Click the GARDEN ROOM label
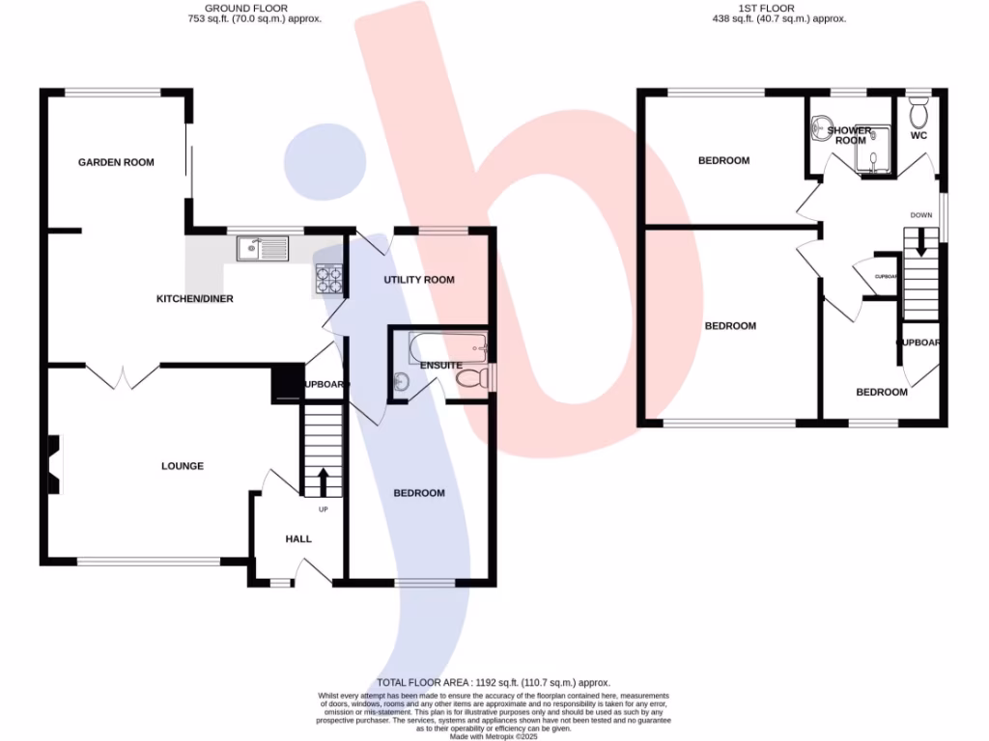116,162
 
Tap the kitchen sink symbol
262,249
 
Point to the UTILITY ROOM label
418,280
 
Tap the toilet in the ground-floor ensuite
470,378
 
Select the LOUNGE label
183,466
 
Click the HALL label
298,538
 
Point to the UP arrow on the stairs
323,480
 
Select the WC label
918,136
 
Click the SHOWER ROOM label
851,135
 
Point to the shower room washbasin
823,125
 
